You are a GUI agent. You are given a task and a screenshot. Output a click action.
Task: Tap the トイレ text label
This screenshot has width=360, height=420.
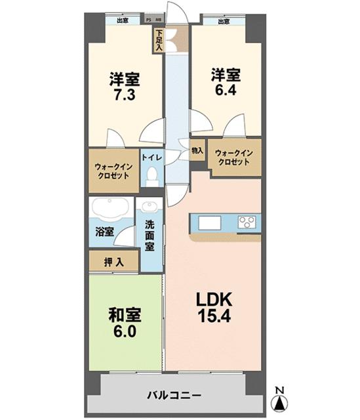(152, 157)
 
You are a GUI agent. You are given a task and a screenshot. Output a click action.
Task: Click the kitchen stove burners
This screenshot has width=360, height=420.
(249, 222)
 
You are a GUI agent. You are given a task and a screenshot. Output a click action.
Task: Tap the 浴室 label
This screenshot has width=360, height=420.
(104, 232)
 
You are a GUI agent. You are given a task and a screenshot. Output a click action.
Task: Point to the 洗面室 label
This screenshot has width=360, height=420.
(150, 234)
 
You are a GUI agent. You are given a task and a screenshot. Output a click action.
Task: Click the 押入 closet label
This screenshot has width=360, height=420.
(113, 262)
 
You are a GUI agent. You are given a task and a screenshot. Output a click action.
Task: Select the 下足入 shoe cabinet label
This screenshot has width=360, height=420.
(159, 41)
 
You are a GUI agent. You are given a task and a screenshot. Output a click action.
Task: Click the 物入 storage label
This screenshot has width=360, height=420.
(197, 150)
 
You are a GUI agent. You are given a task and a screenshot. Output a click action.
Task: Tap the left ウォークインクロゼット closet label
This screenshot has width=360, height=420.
(113, 171)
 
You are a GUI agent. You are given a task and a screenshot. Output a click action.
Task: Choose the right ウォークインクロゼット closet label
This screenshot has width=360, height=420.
(233, 157)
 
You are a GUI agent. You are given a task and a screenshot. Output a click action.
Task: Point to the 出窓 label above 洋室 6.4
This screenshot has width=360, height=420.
(224, 21)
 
